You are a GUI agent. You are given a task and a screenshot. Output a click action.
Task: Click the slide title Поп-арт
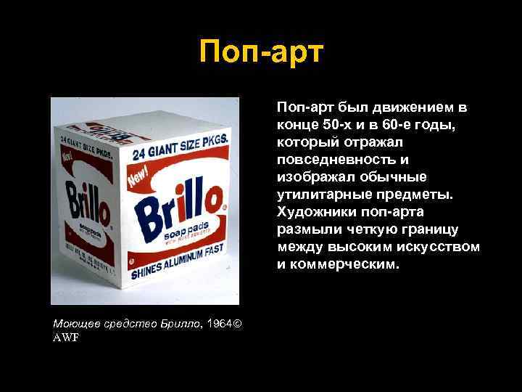pos(260,54)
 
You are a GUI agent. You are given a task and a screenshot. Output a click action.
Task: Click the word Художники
pos(312,213)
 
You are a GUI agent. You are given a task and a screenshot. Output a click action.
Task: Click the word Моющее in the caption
pos(74,322)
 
